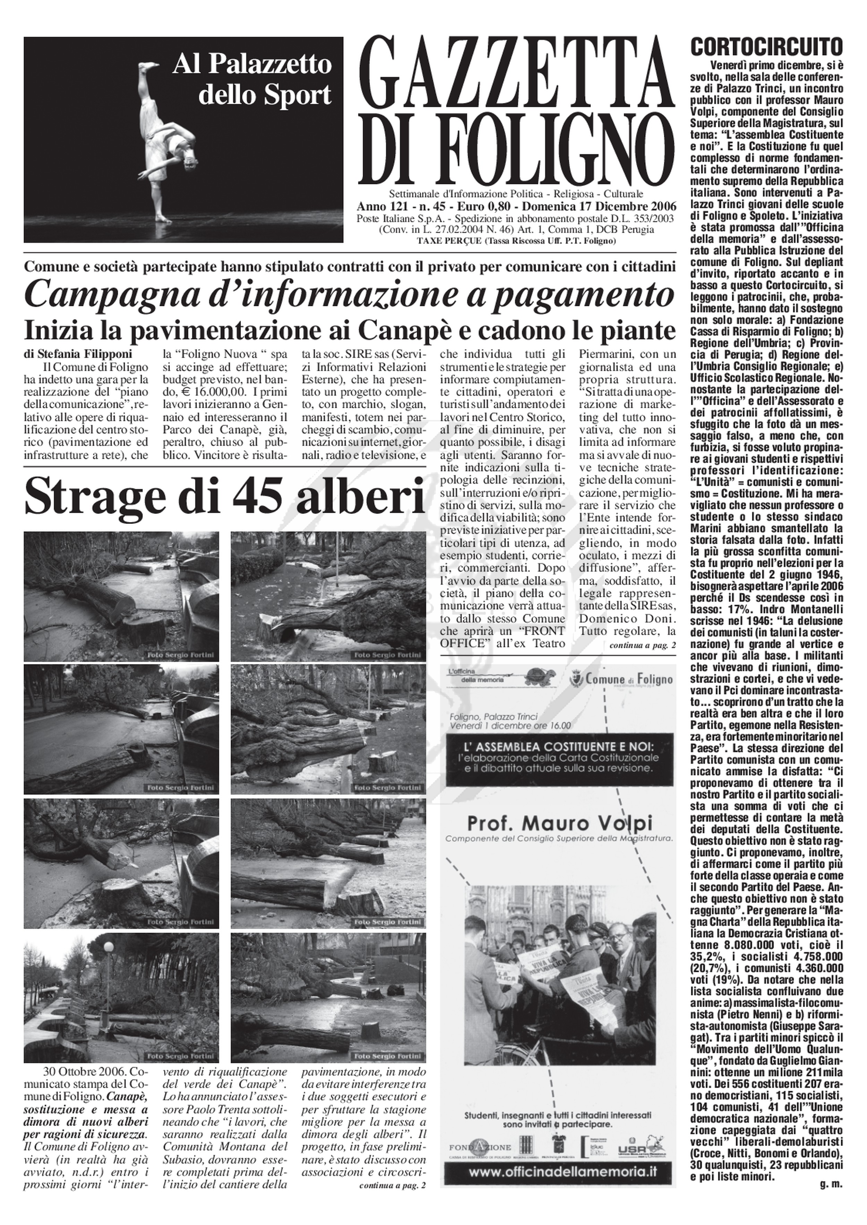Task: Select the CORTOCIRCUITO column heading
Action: pos(767,46)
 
